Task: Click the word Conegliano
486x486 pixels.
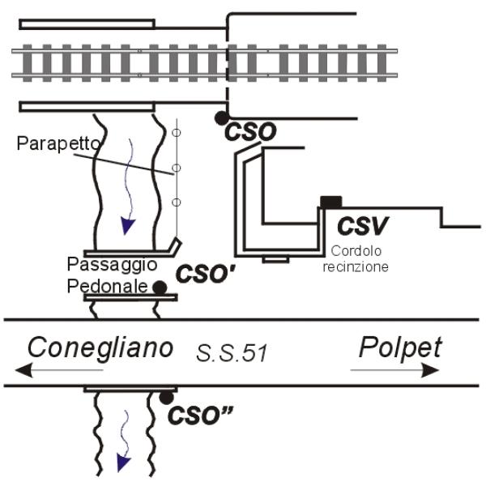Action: (x=100, y=348)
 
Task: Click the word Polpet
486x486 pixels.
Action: (x=402, y=348)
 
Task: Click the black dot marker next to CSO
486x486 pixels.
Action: (x=221, y=119)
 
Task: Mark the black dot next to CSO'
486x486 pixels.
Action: (x=160, y=286)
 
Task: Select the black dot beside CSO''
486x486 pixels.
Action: (x=166, y=397)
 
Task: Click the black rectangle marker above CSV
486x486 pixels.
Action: (x=330, y=202)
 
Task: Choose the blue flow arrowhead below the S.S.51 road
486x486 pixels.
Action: (x=122, y=462)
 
